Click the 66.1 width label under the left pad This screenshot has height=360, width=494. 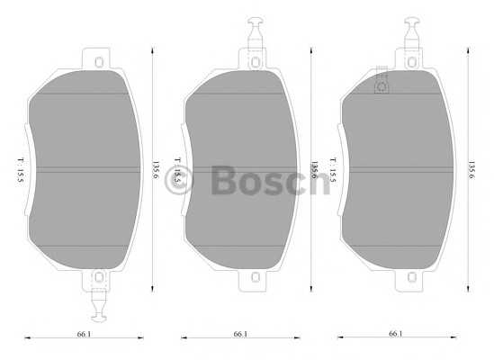click(x=84, y=334)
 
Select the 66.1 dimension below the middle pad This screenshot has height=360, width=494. click(x=240, y=334)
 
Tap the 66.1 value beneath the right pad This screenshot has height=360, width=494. click(x=395, y=334)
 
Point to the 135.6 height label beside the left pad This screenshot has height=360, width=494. click(x=155, y=168)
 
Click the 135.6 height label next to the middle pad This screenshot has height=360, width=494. click(x=314, y=169)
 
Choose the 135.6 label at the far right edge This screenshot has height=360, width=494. click(x=472, y=168)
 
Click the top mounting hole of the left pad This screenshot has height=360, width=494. click(x=96, y=61)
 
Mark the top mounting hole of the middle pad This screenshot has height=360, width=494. click(x=254, y=61)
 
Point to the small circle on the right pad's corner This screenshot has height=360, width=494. click(x=382, y=86)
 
